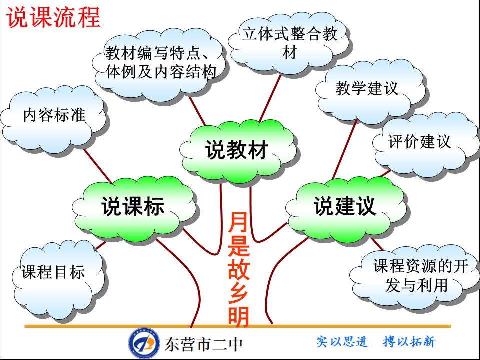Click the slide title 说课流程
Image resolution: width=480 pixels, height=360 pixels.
point(53,17)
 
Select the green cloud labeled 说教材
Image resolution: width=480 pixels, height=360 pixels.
point(237,149)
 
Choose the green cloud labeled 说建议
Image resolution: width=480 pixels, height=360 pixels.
point(345,206)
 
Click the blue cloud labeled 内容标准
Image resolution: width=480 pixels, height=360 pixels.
point(54,116)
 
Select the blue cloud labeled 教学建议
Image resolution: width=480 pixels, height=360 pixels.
point(367,89)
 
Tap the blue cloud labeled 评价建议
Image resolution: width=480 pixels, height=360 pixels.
point(420,142)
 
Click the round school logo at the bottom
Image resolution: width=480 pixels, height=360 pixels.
point(144,343)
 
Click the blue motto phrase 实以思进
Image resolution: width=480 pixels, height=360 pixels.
point(342,342)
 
